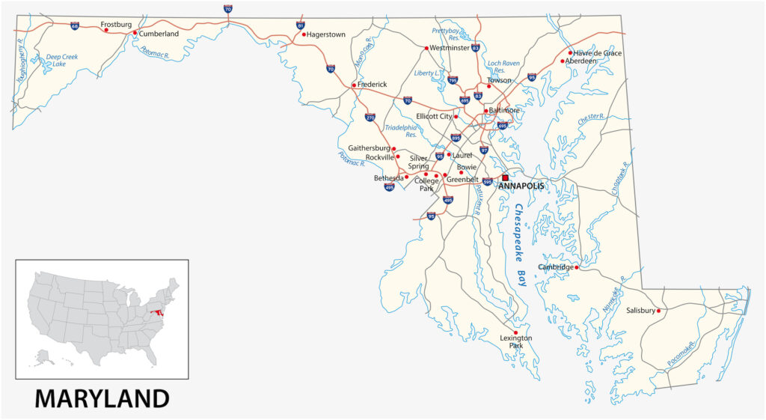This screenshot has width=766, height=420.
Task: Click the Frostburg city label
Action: pos(116,25)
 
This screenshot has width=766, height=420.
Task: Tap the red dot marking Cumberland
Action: pos(135,33)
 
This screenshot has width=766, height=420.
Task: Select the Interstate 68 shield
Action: pos(75,25)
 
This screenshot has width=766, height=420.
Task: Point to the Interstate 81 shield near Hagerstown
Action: pos(300,25)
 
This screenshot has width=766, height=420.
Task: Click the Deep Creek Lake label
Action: pos(61,60)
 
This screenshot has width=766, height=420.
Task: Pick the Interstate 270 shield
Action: pos(370,118)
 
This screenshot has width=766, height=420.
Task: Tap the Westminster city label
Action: pos(450,48)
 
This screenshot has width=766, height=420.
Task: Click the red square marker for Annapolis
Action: pos(505,177)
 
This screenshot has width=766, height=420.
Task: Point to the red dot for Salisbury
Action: pos(658,311)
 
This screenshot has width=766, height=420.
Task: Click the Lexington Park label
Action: pos(515,342)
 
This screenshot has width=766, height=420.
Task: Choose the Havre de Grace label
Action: pos(598,52)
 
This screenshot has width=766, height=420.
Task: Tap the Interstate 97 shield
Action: pos(484,150)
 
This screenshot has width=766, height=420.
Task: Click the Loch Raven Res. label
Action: pos(502,67)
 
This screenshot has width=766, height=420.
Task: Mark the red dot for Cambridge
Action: pos(577,267)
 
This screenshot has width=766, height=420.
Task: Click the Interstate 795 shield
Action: pos(453,80)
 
